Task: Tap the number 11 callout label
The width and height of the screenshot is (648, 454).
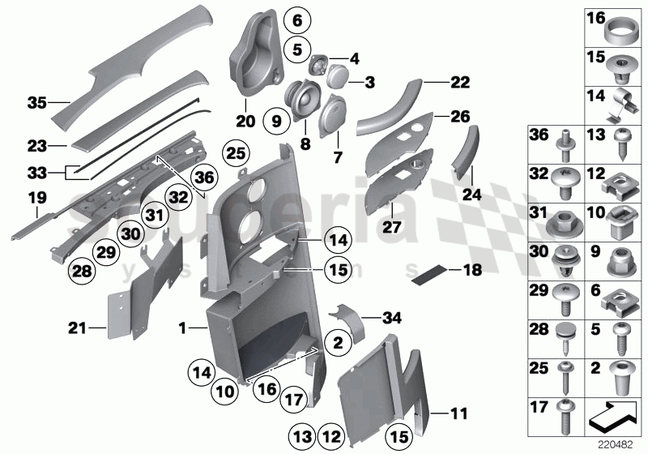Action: pos(458,413)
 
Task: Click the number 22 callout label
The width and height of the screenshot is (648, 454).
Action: pos(459,82)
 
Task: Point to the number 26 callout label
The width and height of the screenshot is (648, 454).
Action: pos(459,116)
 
